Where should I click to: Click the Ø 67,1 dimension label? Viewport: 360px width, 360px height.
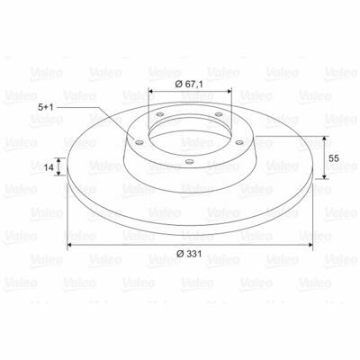coord(189,85)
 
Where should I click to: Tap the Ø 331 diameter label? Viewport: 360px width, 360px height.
coord(189,254)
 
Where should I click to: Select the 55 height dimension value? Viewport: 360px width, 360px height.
coord(334,158)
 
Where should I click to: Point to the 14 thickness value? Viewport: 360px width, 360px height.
coord(49,167)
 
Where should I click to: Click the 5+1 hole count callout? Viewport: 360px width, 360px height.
coord(46,107)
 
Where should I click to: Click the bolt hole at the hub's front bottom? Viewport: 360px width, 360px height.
coord(189,162)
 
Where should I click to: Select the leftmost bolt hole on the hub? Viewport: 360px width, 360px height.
coord(139,142)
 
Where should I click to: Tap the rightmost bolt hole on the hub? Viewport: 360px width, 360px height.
coord(239,142)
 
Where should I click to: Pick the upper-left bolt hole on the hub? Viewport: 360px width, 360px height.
coord(160,114)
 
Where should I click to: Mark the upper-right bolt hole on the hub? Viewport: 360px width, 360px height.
coord(219,114)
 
